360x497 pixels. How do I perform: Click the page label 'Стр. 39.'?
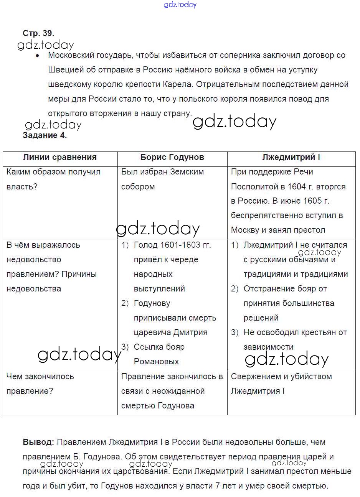coord(38,33)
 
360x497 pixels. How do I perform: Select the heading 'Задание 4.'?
coord(45,135)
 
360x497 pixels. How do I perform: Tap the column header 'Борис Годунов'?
coord(172,157)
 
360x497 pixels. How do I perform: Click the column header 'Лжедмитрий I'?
coord(291,157)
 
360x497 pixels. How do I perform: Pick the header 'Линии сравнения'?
coord(60,157)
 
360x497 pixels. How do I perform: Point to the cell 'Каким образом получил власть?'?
coord(53,179)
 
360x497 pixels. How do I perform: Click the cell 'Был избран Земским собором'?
coord(162,179)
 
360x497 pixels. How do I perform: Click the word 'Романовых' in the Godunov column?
coord(156,362)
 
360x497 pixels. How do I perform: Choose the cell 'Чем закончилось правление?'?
coord(40,383)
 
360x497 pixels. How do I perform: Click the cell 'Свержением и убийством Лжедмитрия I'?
coord(281,383)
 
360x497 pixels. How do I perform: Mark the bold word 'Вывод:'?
coord(38,442)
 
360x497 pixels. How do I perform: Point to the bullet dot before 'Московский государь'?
coord(37,56)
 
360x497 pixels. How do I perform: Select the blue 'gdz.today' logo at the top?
coord(180,5)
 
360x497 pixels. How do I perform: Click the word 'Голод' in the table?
coord(145,245)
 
